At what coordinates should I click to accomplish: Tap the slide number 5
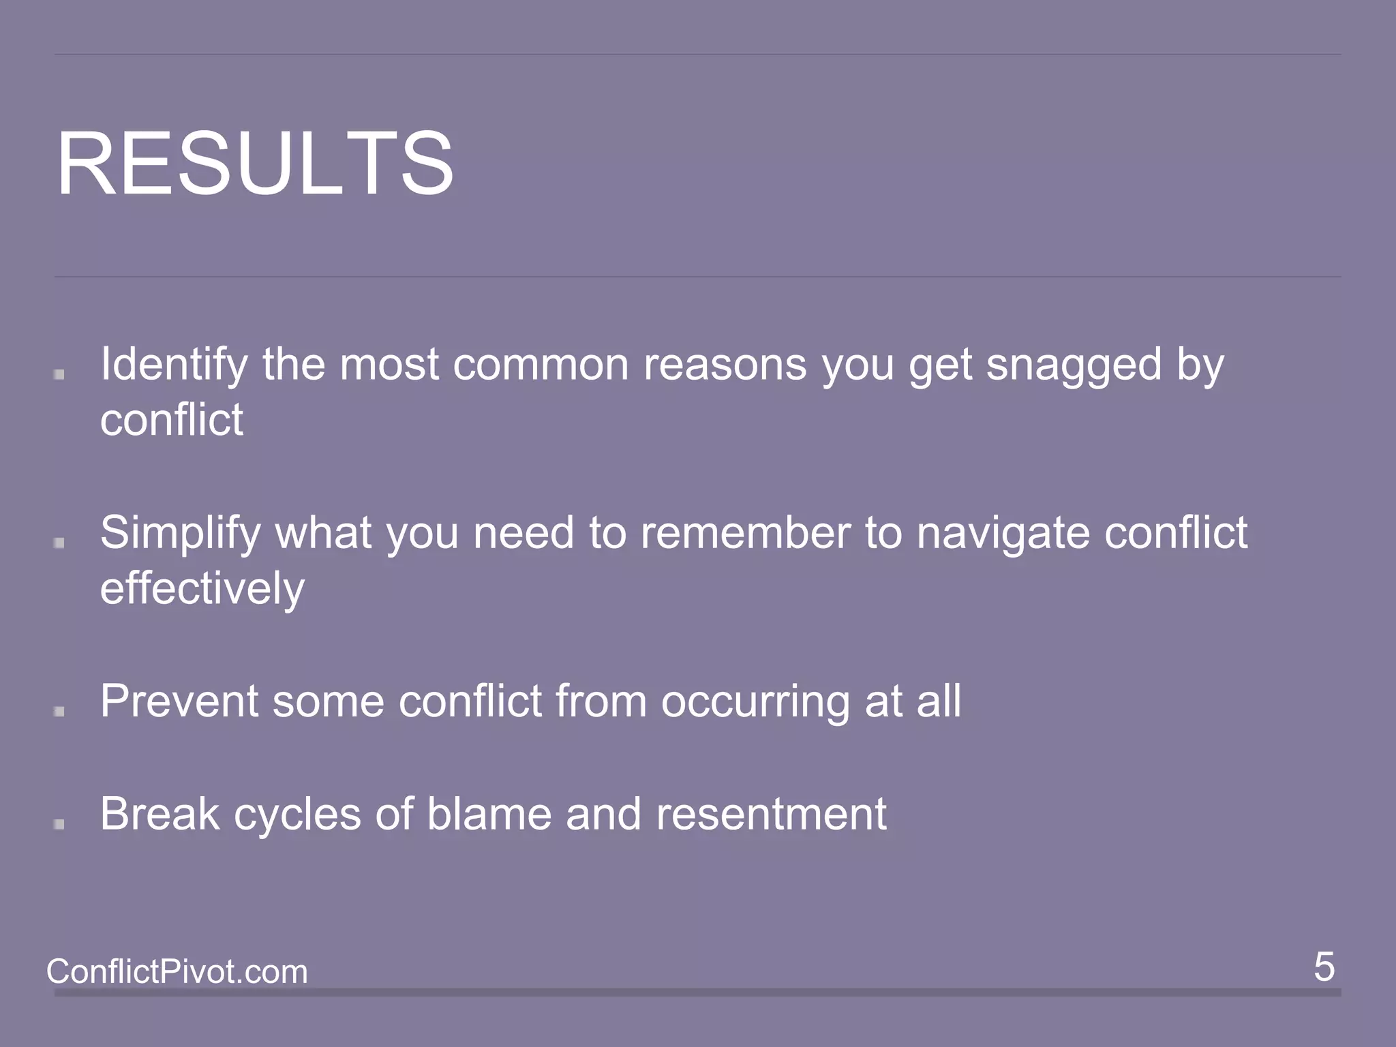click(1324, 967)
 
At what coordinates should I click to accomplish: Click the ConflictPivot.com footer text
click(177, 971)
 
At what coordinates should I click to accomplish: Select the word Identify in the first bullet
click(174, 365)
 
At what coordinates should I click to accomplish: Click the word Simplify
click(180, 533)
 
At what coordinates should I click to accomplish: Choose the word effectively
click(202, 588)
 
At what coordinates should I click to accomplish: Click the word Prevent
click(179, 701)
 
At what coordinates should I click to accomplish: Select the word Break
click(160, 814)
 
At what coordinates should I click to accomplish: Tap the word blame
click(489, 814)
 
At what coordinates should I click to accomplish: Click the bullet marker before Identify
click(59, 374)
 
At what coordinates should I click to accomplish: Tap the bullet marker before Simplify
click(59, 543)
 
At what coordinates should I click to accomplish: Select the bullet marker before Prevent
click(59, 711)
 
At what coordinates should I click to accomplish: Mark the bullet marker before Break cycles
click(59, 824)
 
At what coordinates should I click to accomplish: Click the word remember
click(745, 533)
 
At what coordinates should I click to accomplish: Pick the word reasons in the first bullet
click(725, 365)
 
